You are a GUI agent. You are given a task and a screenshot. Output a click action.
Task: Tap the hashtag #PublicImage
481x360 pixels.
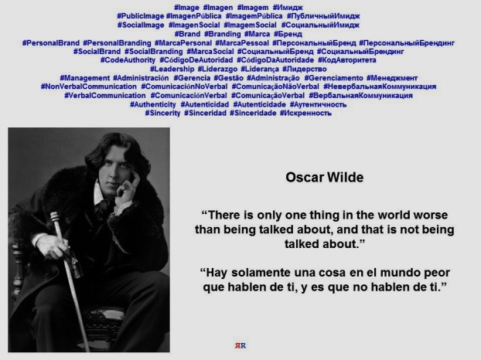(140, 15)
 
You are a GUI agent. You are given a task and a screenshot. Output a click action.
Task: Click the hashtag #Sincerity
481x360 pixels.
(162, 113)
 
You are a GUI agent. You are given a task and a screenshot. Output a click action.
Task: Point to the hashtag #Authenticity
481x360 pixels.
(152, 104)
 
